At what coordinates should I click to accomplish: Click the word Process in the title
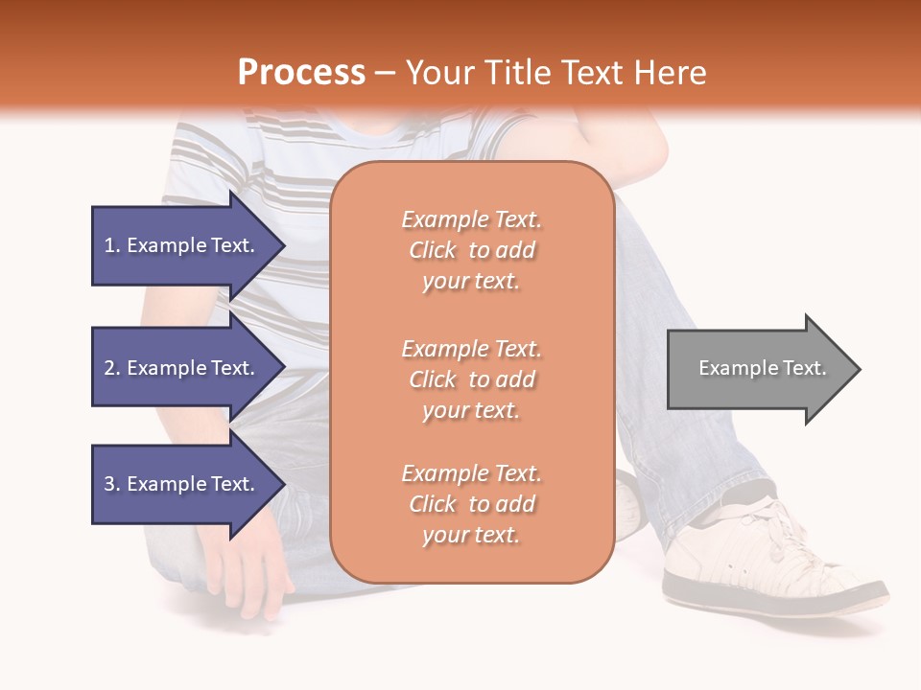(x=301, y=73)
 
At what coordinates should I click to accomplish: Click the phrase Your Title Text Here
(x=555, y=73)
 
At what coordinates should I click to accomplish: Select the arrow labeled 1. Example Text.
(x=182, y=245)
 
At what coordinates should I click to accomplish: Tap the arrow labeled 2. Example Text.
(x=182, y=368)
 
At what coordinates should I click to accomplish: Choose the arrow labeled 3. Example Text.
(x=182, y=484)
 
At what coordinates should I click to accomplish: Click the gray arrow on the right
(x=758, y=369)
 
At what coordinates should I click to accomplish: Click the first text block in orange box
(x=471, y=250)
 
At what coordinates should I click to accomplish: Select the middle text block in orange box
(x=471, y=379)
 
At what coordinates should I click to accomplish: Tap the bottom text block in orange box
(x=471, y=504)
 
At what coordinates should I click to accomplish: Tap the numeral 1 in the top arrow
(x=109, y=245)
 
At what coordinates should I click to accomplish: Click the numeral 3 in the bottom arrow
(x=109, y=484)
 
